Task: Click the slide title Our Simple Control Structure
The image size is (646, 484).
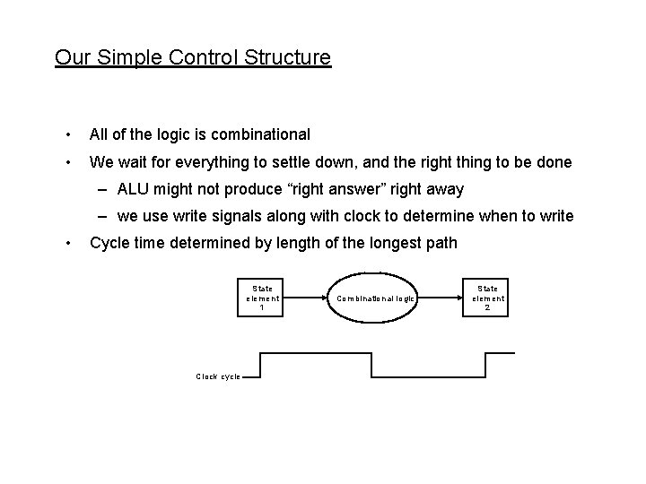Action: point(193,58)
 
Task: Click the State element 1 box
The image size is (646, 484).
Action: point(263,298)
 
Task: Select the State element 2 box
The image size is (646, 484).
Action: point(488,298)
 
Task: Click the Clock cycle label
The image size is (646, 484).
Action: point(218,376)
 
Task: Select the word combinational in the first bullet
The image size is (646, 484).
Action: point(264,134)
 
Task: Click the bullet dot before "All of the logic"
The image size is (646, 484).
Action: point(67,134)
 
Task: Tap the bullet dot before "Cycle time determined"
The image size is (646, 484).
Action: point(67,243)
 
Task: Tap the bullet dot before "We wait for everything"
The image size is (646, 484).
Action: point(67,162)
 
